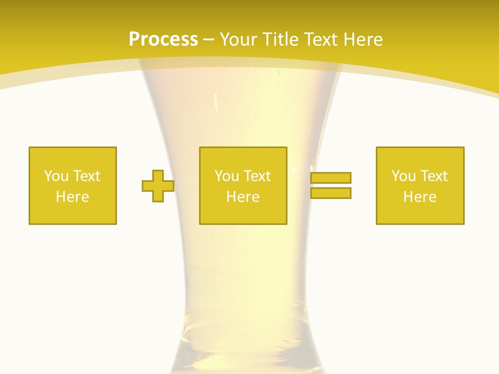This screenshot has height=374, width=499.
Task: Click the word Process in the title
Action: (163, 39)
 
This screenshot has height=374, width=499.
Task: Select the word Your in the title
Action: (239, 39)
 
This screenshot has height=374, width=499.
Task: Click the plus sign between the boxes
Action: (158, 186)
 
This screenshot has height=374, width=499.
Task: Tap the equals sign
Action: (331, 185)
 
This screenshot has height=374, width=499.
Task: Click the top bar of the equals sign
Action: (331, 178)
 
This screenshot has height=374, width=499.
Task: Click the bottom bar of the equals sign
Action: (331, 193)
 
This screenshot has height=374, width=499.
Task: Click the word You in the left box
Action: (56, 176)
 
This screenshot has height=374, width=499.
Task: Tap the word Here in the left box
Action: (73, 197)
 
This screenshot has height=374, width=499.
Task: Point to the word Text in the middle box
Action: (257, 176)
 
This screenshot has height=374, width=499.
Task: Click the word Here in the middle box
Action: (243, 197)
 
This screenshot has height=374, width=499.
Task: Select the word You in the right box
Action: (403, 176)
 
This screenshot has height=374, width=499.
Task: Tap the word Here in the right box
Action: (420, 197)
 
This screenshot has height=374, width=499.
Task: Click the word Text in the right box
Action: (434, 176)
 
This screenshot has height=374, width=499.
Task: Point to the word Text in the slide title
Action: (322, 39)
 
